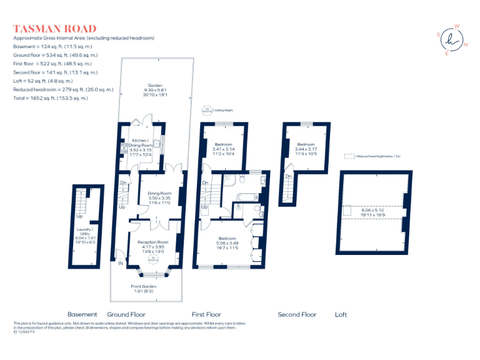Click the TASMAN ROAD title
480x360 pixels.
coord(55,29)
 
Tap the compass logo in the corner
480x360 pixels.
coord(451,40)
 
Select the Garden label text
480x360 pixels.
coord(154,85)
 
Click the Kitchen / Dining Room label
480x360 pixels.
coord(142,142)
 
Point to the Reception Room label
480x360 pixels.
coord(152,242)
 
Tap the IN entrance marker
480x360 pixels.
coord(121,263)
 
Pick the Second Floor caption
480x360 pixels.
coord(297,314)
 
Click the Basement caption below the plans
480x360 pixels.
coord(82,314)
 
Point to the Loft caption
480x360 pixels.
coord(341,314)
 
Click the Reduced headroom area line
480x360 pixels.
coord(63,90)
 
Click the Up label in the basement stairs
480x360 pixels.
coord(79,217)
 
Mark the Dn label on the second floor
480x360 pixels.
coord(288,176)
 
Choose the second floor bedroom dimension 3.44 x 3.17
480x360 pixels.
coord(306,149)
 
